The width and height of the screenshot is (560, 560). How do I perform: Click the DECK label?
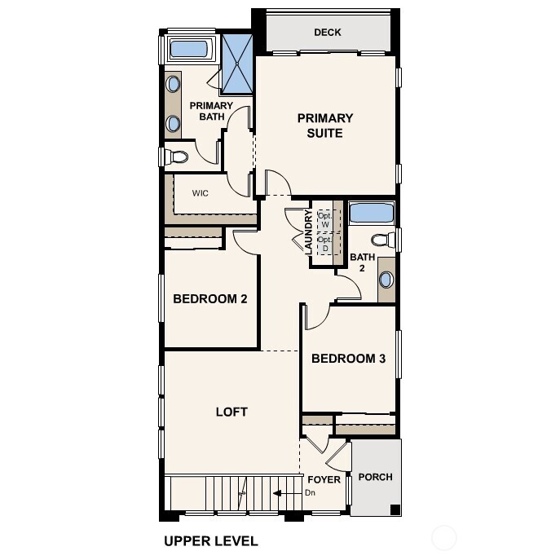click(327, 33)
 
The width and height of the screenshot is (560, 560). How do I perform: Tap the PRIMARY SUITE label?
click(324, 126)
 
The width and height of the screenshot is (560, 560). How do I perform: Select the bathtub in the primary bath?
click(188, 49)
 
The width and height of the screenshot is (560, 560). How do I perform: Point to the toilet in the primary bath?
click(175, 156)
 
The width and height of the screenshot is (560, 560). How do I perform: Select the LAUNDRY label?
click(308, 232)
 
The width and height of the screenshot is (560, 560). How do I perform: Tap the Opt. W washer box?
click(324, 218)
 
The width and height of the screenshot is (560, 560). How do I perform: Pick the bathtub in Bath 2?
click(371, 214)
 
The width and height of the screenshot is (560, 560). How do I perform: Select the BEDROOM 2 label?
click(209, 298)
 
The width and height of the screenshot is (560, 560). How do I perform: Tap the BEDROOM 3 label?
click(348, 359)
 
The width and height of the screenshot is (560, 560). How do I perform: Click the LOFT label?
click(231, 412)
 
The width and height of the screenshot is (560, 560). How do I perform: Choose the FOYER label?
click(324, 479)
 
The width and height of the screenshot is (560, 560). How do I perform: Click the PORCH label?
click(375, 477)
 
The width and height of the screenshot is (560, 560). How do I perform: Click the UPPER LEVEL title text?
click(210, 540)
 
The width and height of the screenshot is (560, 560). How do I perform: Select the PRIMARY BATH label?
click(211, 111)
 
